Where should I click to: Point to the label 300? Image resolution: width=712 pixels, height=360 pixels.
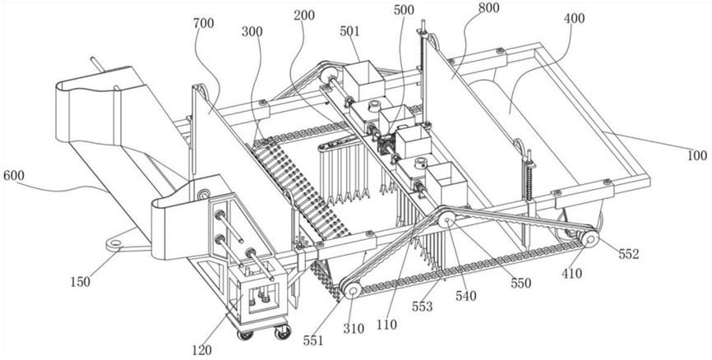pos(253,31)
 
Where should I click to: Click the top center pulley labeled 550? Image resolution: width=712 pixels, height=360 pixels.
pos(447,219)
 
